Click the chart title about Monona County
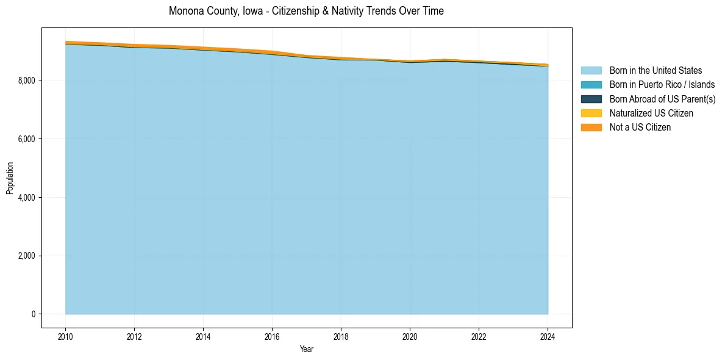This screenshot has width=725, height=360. [306, 11]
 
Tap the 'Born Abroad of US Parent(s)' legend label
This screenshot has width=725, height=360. [662, 99]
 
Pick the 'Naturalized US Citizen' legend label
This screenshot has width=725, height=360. [651, 113]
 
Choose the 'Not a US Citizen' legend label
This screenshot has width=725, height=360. [640, 127]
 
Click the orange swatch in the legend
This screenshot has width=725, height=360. [591, 127]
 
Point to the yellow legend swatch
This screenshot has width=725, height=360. [591, 113]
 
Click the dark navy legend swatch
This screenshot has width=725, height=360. [591, 99]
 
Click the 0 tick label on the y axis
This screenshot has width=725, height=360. [33, 314]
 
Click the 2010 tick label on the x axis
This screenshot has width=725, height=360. [65, 336]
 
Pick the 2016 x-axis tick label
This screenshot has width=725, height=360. [272, 336]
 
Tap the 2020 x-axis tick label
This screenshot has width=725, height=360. [410, 336]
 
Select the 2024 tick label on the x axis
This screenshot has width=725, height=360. [548, 336]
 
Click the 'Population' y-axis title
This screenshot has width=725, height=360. [10, 178]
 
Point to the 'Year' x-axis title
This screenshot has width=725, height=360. [307, 349]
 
